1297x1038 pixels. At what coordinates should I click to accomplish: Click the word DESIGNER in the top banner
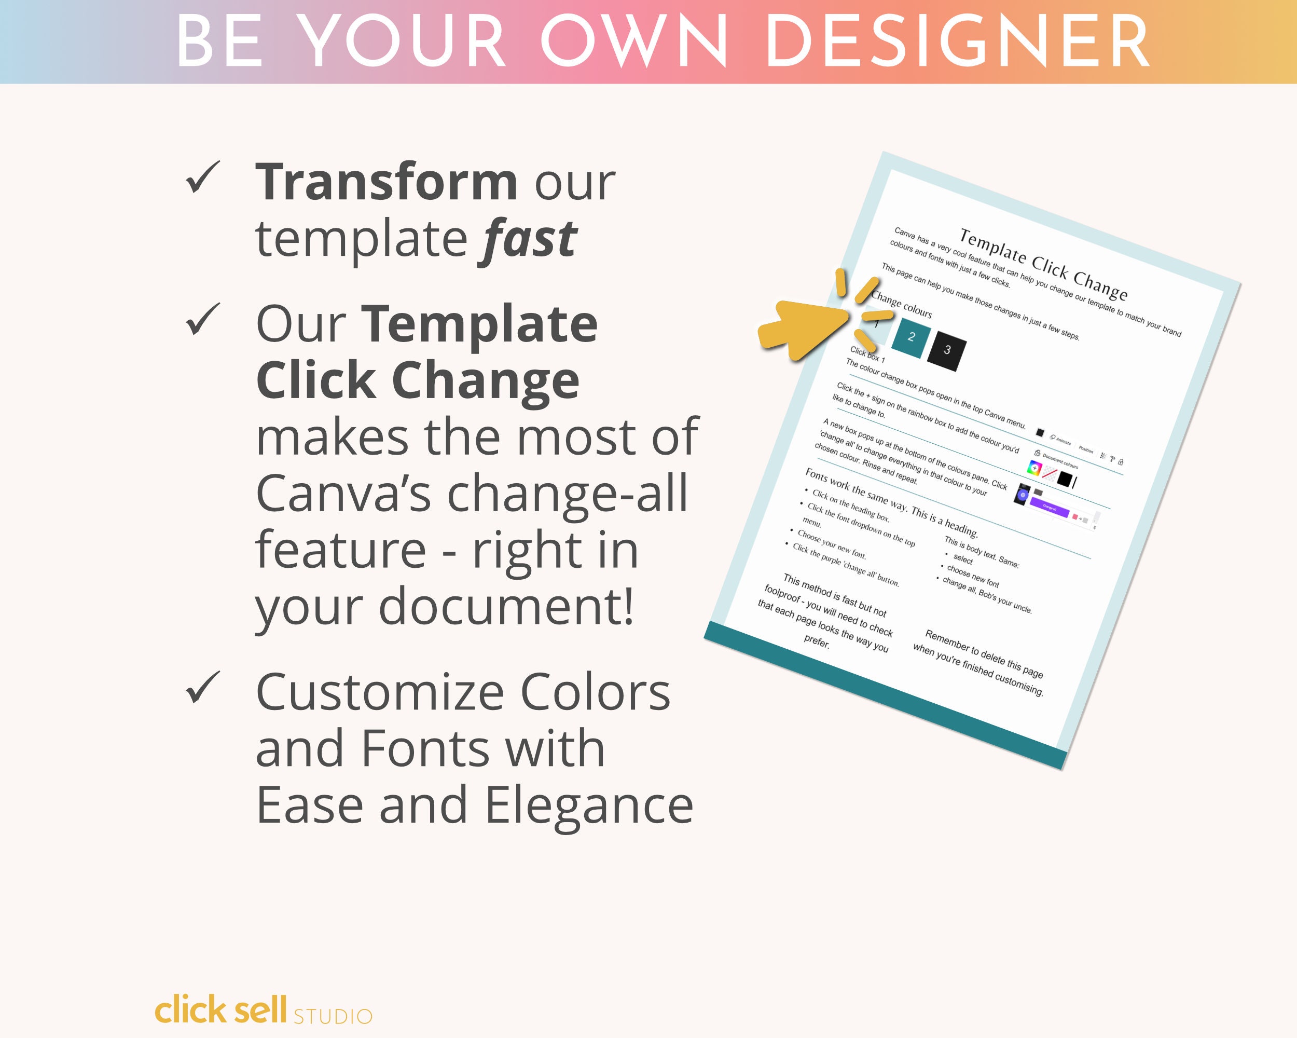957,42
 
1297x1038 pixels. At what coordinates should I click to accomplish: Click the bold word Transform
386,182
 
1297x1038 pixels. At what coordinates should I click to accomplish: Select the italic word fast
527,239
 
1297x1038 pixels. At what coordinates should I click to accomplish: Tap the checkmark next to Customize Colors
203,687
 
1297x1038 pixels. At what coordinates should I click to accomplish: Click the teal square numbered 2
911,337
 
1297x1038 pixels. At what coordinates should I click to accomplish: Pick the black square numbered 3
947,350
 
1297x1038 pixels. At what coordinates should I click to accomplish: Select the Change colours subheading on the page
901,305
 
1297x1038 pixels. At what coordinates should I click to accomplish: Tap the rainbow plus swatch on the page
1034,468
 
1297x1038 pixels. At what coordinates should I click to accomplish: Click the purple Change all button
1049,508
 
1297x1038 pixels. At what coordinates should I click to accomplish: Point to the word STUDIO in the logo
333,1016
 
